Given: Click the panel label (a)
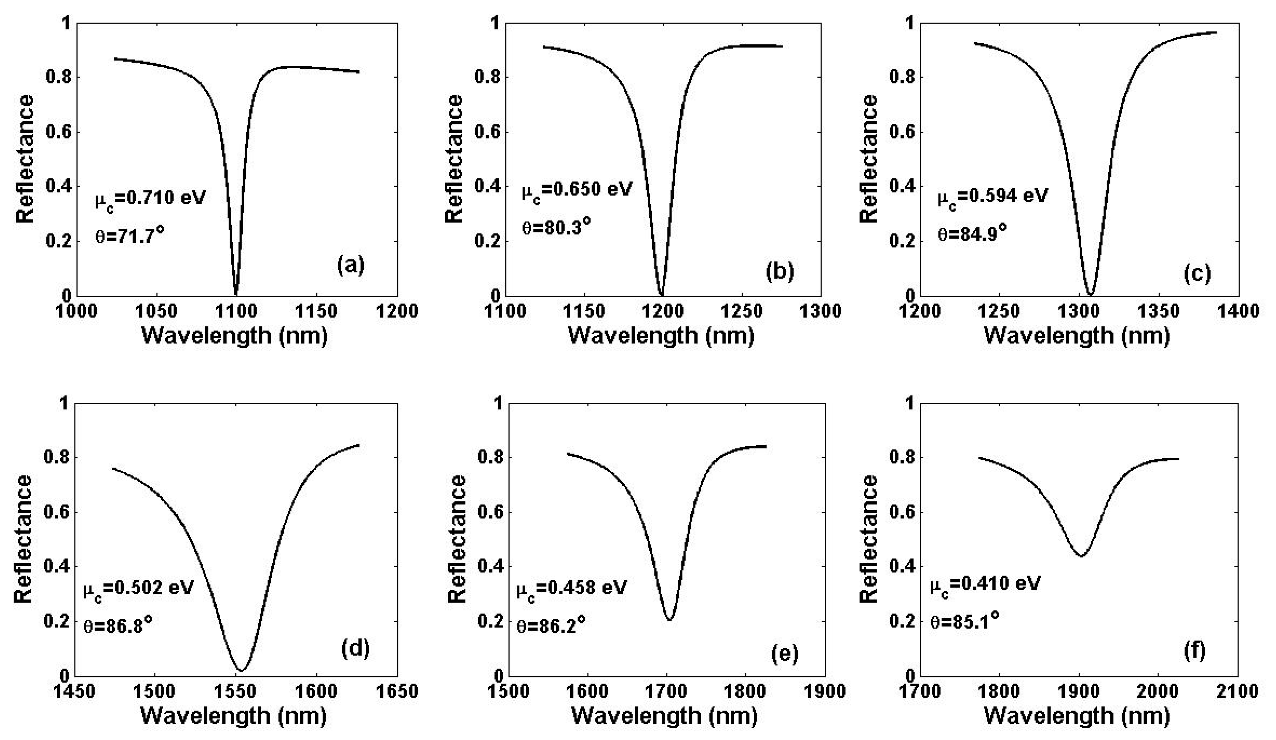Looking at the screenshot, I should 351,265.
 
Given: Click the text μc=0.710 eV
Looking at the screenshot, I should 150,198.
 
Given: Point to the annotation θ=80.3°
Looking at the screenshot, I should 556,226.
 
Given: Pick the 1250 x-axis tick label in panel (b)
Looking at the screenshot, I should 741,311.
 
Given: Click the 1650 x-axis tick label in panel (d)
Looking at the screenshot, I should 397,692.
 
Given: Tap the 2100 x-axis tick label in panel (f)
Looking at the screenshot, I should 1238,692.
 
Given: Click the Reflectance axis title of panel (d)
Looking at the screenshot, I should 23,539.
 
